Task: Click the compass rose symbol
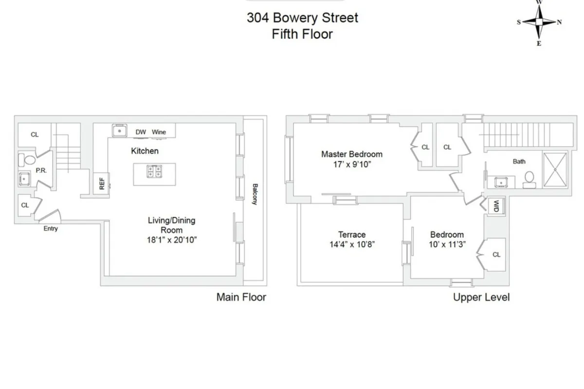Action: tap(539, 22)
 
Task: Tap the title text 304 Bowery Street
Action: tap(302, 18)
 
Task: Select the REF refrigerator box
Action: tap(102, 183)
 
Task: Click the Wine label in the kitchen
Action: tap(159, 132)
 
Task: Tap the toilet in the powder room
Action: tap(27, 160)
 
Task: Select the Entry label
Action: tap(51, 229)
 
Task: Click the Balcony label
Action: tap(255, 194)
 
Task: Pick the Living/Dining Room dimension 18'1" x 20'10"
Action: tap(172, 240)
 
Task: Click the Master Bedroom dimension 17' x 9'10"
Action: tap(351, 165)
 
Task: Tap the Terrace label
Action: tap(351, 234)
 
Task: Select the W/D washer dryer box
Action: tap(496, 206)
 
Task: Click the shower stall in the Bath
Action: tap(554, 170)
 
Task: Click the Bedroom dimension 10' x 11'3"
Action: tap(446, 244)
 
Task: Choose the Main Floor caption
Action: tap(241, 297)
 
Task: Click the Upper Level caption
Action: tap(481, 297)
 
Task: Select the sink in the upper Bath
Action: tap(501, 182)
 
